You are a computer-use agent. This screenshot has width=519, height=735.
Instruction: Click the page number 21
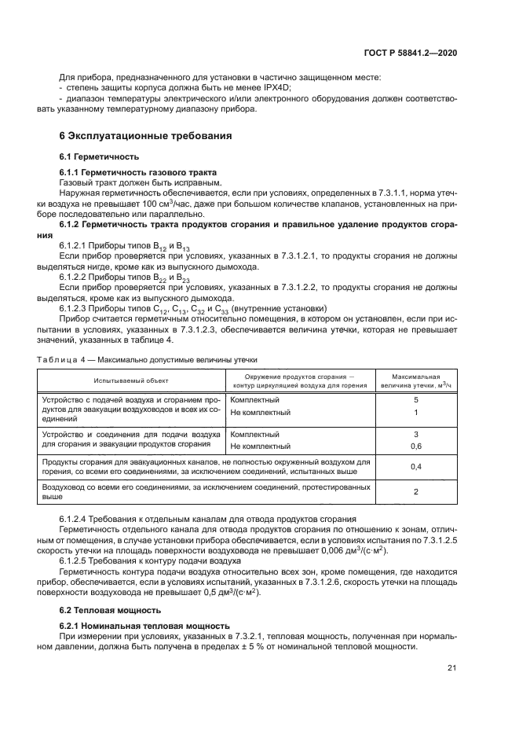coord(451,668)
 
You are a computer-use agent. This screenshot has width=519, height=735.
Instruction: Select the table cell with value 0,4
coord(415,467)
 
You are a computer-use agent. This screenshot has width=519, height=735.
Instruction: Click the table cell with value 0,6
coord(415,446)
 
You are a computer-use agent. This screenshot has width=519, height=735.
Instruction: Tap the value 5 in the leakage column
coord(415,400)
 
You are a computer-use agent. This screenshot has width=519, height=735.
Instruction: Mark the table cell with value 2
coord(415,492)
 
